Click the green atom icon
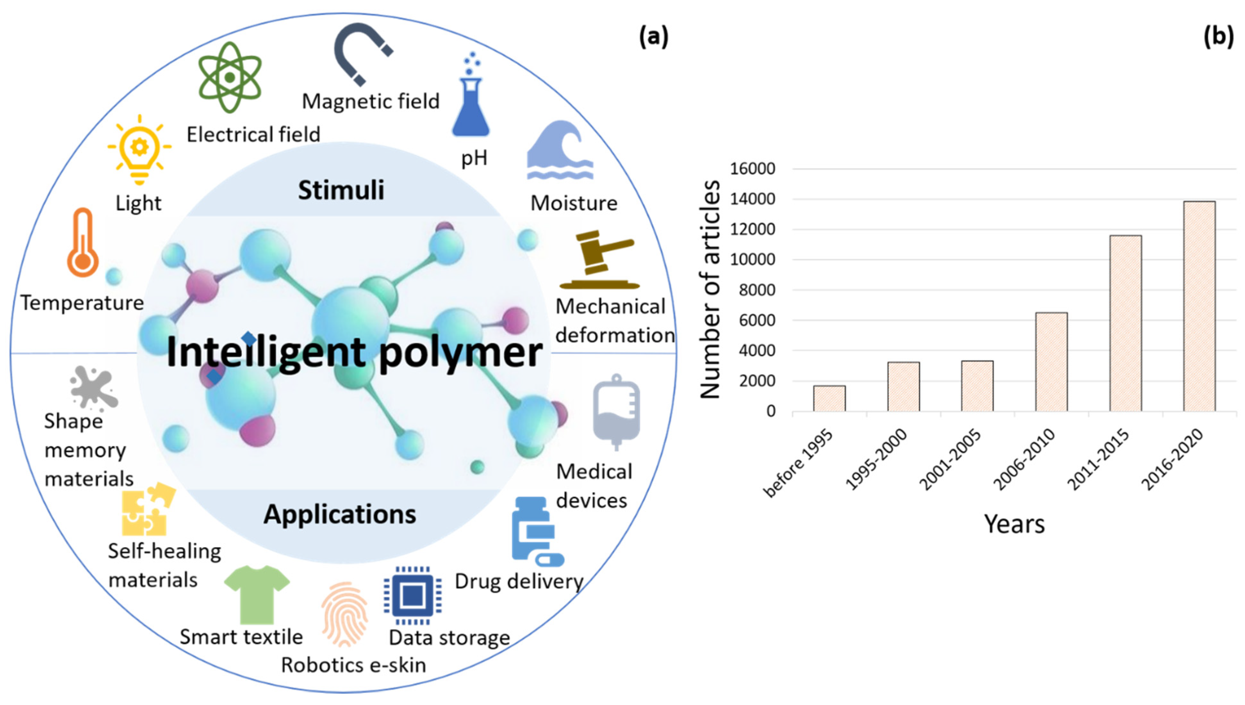230,78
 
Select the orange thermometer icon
83,243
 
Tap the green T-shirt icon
257,594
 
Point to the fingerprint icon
344,614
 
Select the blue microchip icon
413,595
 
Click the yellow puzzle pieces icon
147,509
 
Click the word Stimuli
341,190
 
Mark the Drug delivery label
519,581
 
